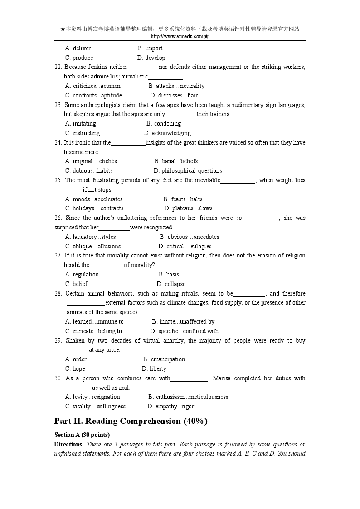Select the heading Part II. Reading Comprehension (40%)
[131, 421]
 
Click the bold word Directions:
[69, 444]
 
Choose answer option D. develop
[151, 58]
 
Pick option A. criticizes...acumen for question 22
[93, 86]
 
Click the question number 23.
[58, 105]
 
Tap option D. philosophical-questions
[188, 170]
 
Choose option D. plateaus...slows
[188, 208]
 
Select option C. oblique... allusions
[93, 246]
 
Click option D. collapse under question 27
[171, 284]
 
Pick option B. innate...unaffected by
[183, 321]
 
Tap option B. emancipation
[164, 359]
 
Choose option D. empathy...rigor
[170, 406]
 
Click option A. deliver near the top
[78, 48]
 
